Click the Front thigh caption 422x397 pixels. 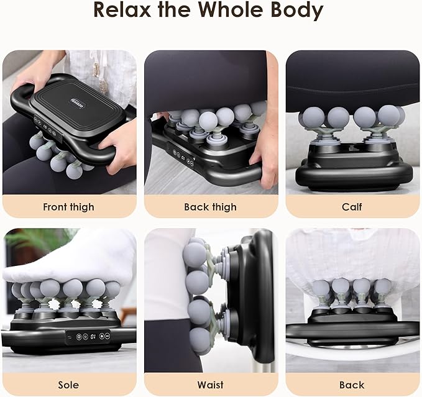pos(69,207)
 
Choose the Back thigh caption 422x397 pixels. pos(211,207)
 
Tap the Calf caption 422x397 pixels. pos(352,207)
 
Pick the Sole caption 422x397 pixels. pos(69,385)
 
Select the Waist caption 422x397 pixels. pos(211,385)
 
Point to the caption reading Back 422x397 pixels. pos(352,385)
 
